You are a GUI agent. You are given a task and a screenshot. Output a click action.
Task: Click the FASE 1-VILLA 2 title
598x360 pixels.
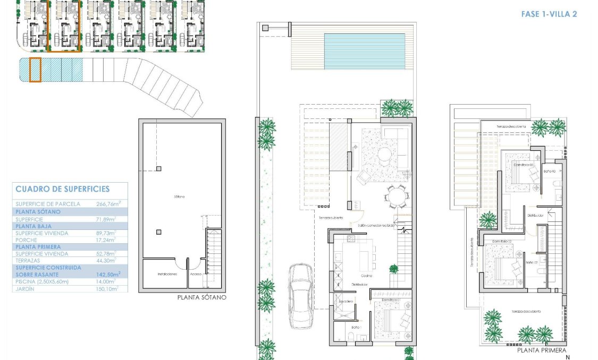(x=549, y=14)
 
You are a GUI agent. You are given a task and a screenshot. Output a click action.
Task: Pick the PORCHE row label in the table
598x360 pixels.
(x=27, y=240)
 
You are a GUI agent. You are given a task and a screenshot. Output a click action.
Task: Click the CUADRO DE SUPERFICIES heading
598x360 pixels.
(x=63, y=189)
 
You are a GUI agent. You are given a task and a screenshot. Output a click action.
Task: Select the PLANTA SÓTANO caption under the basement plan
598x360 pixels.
(x=201, y=297)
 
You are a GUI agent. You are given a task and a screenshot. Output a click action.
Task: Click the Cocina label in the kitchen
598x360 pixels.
(x=366, y=276)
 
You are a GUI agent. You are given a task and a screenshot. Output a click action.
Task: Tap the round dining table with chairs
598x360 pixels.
(x=394, y=199)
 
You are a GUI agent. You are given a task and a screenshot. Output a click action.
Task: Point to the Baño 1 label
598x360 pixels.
(x=356, y=327)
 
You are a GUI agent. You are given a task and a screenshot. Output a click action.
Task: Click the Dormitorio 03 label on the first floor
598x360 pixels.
(x=523, y=165)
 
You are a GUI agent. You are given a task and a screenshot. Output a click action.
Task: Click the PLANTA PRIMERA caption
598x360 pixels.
(x=541, y=350)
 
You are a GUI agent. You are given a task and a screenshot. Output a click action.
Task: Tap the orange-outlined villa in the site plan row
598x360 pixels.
(x=64, y=26)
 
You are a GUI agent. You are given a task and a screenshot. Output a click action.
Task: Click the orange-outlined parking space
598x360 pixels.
(x=35, y=70)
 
